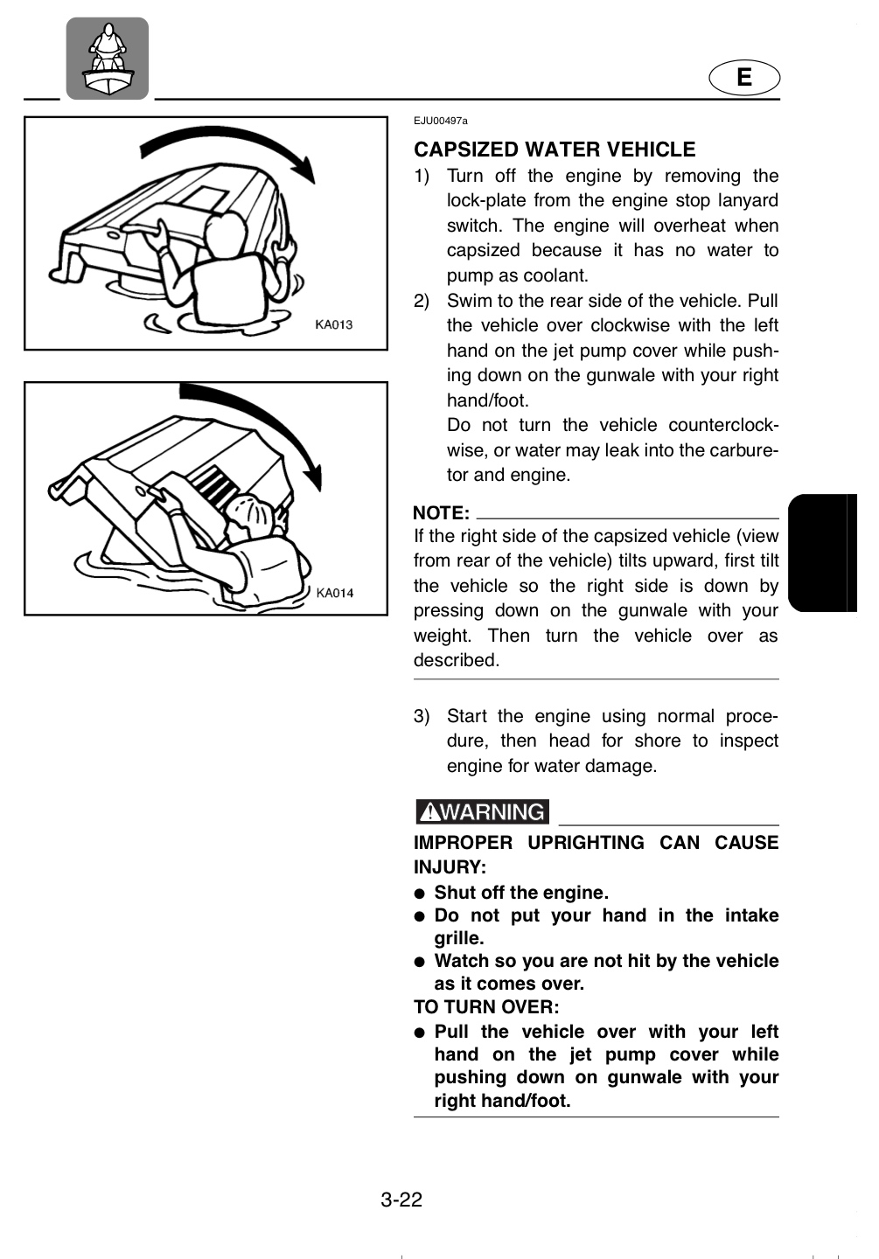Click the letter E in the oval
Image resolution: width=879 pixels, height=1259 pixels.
[x=744, y=77]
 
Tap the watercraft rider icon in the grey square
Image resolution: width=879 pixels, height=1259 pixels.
[x=108, y=58]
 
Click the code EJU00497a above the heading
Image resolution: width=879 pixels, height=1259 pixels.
[x=440, y=121]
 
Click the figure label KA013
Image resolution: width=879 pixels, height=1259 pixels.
[x=334, y=324]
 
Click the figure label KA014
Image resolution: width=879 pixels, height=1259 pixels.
[x=335, y=593]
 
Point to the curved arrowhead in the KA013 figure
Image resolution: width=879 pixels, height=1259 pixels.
[x=303, y=169]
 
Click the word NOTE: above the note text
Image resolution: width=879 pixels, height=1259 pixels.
[x=441, y=513]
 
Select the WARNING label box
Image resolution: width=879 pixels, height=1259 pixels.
[x=482, y=811]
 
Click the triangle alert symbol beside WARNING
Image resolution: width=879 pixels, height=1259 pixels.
[x=430, y=812]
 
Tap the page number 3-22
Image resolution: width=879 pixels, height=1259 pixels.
[x=401, y=1200]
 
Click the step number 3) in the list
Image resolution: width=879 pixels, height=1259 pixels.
[x=422, y=716]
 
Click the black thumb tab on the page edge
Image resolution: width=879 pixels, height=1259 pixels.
[x=822, y=553]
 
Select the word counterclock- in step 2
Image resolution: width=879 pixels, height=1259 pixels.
[x=723, y=425]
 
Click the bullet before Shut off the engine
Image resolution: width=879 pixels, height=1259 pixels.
[x=419, y=894]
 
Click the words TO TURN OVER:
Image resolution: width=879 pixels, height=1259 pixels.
[x=486, y=1006]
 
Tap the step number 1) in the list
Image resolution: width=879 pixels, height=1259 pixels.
[x=422, y=176]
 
